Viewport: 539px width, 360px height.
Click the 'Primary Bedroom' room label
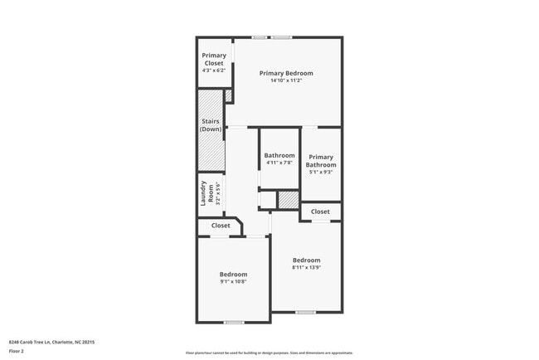285,73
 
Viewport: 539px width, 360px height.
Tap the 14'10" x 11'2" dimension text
285,80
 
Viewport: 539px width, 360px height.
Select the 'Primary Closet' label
214,59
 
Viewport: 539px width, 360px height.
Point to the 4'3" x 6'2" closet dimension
214,71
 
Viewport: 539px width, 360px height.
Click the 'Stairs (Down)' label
211,125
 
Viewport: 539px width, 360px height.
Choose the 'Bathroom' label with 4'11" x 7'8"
279,155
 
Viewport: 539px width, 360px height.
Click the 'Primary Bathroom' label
321,160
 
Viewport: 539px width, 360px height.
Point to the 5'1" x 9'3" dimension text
321,173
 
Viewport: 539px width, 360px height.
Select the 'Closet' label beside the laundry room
221,226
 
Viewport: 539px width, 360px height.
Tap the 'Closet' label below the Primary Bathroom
320,212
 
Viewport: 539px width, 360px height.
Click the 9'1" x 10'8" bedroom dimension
233,282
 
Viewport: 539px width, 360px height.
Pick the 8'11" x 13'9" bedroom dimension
306,267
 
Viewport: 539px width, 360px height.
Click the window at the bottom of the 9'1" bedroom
234,322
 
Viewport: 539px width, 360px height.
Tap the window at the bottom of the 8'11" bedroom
305,312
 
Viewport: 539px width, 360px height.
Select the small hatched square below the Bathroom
287,200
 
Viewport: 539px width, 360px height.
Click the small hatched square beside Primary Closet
228,95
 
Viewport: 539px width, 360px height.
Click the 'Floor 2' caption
17,351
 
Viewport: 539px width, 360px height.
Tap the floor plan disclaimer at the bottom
269,352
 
